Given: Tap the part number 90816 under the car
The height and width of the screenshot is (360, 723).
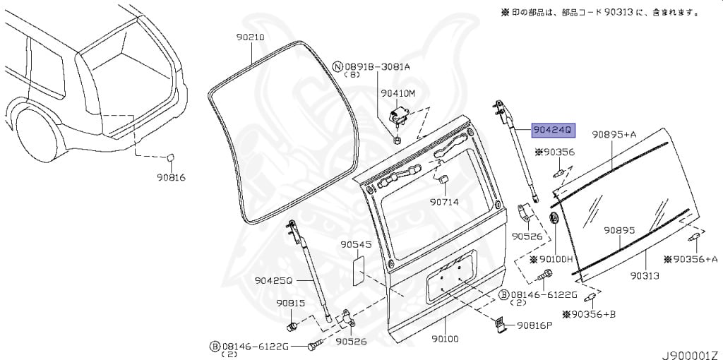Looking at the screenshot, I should pyautogui.click(x=171, y=178).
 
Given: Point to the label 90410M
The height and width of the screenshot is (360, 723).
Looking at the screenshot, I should pyautogui.click(x=398, y=92).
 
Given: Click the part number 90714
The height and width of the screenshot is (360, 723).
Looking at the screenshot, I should pyautogui.click(x=445, y=202).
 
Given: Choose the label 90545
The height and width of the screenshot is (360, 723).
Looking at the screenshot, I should pyautogui.click(x=356, y=244).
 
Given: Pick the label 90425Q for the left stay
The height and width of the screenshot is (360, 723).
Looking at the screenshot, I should pyautogui.click(x=274, y=280).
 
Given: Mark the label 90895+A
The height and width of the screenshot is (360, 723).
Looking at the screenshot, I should pyautogui.click(x=614, y=134).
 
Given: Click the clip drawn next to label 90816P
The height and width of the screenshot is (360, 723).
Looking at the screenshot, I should pyautogui.click(x=499, y=323).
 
